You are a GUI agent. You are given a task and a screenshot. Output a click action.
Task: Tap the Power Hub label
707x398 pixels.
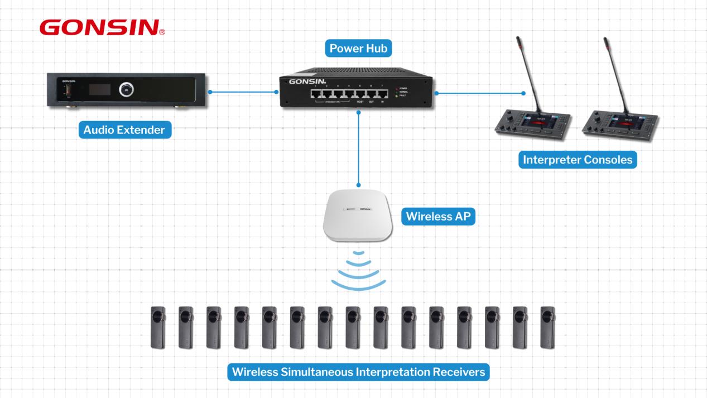pos(358,49)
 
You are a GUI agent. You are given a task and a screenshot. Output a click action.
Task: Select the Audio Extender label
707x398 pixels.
pos(124,131)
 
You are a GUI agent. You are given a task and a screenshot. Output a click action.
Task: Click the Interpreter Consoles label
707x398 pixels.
pos(578,160)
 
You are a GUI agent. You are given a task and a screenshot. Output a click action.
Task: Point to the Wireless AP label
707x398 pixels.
pos(437,217)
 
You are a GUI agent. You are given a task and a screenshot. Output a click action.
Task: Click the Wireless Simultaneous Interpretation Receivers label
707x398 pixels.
pos(358,372)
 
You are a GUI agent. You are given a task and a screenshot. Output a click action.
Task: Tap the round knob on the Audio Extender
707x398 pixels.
pos(126,88)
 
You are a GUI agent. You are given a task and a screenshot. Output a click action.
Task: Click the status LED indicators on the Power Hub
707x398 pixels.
pos(396,92)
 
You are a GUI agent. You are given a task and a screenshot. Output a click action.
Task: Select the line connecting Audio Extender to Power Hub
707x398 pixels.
pos(243,92)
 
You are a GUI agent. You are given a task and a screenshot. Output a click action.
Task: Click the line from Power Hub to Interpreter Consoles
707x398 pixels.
pos(480,93)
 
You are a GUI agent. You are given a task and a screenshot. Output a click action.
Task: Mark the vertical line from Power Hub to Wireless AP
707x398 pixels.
pos(359,148)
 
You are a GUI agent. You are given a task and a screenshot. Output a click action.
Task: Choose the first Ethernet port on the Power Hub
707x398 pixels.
pos(319,93)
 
